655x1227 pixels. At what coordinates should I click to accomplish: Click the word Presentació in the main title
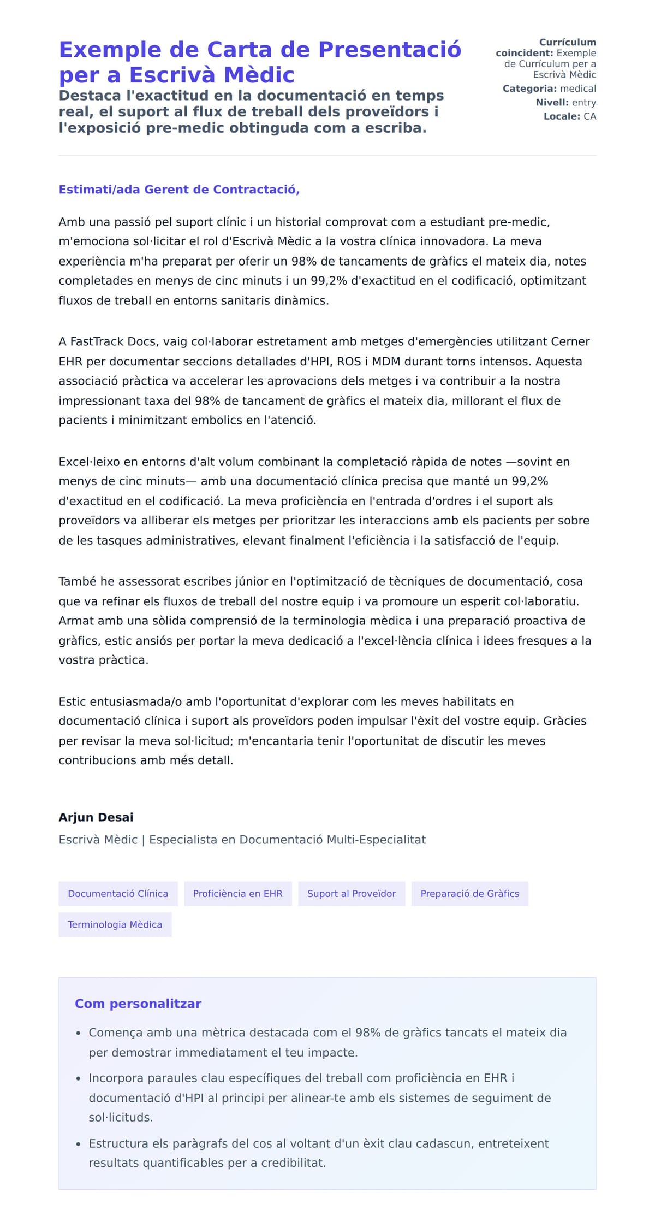[x=390, y=50]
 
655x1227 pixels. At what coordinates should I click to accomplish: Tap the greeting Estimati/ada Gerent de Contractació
[x=179, y=190]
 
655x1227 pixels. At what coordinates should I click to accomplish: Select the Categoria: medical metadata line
[x=549, y=89]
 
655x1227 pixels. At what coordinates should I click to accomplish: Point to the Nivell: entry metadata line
[x=565, y=103]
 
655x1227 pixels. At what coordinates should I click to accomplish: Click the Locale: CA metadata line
[x=569, y=116]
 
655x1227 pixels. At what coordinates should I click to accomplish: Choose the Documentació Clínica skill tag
[x=118, y=894]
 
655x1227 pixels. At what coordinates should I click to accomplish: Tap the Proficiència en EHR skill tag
[x=237, y=894]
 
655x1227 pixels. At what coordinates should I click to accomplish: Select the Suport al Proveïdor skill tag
[x=351, y=894]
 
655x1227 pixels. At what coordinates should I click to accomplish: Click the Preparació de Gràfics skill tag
[x=469, y=894]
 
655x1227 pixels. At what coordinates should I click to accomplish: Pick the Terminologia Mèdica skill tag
[x=115, y=924]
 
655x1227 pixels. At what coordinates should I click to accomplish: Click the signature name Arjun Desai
[x=96, y=817]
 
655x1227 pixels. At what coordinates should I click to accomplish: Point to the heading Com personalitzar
[x=138, y=1004]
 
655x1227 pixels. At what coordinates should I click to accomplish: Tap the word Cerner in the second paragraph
[x=570, y=342]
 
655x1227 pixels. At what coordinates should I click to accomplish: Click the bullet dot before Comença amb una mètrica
[x=79, y=1033]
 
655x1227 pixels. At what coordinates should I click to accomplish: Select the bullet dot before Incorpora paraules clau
[x=79, y=1079]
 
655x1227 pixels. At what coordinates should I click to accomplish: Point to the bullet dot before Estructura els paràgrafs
[x=79, y=1144]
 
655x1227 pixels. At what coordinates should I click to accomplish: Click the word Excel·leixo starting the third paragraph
[x=89, y=462]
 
